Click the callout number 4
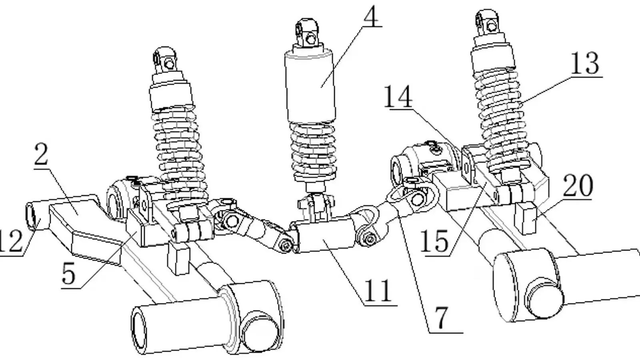coord(371,16)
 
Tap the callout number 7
coord(441,319)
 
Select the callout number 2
coord(41,156)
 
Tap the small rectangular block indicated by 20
coord(527,218)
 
